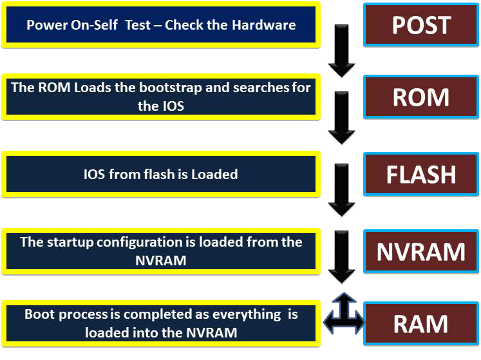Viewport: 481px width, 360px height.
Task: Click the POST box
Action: click(x=421, y=25)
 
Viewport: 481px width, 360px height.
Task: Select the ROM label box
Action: click(x=421, y=97)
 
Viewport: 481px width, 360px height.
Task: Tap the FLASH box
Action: click(x=421, y=174)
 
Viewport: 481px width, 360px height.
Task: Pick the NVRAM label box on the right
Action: click(x=421, y=251)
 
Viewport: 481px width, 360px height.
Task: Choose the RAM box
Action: click(x=421, y=324)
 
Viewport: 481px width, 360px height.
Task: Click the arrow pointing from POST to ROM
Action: click(x=341, y=51)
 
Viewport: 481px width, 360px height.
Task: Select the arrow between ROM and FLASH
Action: click(x=341, y=118)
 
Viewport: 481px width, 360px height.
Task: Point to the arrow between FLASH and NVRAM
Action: click(x=341, y=190)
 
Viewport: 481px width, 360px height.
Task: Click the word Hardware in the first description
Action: click(x=263, y=25)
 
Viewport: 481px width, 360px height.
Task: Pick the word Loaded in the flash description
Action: click(x=214, y=175)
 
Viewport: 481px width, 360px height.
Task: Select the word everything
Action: click(x=247, y=315)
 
